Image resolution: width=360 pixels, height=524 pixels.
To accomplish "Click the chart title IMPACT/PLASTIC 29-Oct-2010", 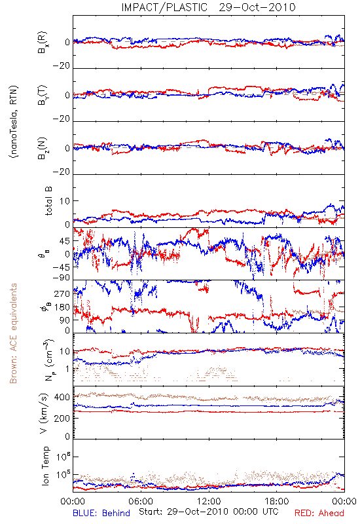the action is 208,7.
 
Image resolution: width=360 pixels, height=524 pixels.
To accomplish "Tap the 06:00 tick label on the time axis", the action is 141,502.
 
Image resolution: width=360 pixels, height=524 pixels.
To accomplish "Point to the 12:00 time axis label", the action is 209,502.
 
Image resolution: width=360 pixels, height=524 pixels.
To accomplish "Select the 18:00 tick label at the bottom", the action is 277,502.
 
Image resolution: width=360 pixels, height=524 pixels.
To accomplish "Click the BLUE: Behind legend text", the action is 101,513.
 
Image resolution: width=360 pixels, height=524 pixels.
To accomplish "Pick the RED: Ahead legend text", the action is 319,513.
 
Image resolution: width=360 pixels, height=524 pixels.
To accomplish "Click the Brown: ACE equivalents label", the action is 13,333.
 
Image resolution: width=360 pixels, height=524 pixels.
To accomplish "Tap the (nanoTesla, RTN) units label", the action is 14,121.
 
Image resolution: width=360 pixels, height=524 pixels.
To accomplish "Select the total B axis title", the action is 48,201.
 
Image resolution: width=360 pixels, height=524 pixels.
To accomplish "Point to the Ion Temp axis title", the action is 45,466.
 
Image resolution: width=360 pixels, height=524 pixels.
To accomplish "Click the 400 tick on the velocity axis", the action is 62,398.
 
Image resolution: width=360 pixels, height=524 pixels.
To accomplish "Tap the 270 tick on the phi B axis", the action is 62,293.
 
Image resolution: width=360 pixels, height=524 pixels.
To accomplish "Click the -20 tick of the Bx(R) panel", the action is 62,66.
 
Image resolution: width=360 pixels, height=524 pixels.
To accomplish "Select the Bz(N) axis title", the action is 43,148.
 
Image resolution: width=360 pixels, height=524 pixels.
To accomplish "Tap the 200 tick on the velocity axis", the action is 62,418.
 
